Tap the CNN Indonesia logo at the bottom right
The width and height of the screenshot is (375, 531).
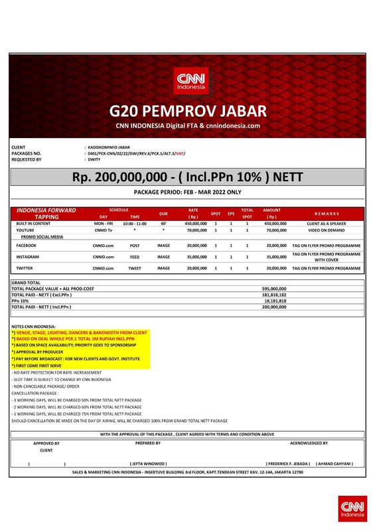tap(351, 508)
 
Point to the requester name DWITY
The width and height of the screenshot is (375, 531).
tap(94, 160)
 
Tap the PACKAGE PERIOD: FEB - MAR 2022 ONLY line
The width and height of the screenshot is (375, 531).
tap(187, 192)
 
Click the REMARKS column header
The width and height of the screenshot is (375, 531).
tap(327, 214)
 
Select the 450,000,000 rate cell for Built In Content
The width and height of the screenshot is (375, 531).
tap(193, 224)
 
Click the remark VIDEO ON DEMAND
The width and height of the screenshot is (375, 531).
tap(327, 230)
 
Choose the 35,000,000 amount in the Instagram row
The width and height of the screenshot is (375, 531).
tap(275, 256)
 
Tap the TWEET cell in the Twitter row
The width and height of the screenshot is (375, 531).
tap(135, 268)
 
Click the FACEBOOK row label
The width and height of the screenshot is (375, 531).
tap(26, 245)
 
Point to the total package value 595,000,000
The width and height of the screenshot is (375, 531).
tap(274, 289)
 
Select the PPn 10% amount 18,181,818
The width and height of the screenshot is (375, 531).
tap(275, 301)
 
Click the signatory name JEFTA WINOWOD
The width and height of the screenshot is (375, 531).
tap(147, 463)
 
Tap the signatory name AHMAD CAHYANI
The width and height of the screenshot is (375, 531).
tap(335, 463)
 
